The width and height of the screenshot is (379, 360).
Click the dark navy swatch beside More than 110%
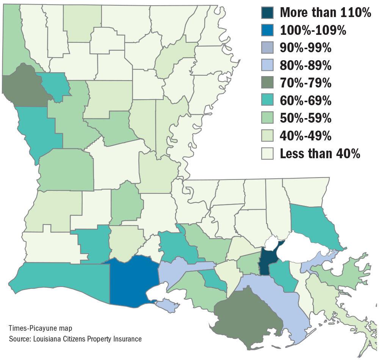point(267,12)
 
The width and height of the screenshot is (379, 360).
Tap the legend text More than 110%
point(325,13)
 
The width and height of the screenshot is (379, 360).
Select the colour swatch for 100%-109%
point(267,30)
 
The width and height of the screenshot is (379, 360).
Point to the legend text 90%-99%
point(305,48)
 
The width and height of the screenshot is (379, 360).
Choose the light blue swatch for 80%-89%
point(267,65)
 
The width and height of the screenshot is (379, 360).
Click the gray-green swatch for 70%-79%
point(267,83)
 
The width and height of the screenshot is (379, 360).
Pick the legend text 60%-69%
point(305,101)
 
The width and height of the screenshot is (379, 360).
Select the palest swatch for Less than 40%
point(267,154)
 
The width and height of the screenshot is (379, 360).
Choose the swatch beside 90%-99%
point(267,48)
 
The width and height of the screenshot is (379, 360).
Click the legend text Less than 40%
point(320,154)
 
